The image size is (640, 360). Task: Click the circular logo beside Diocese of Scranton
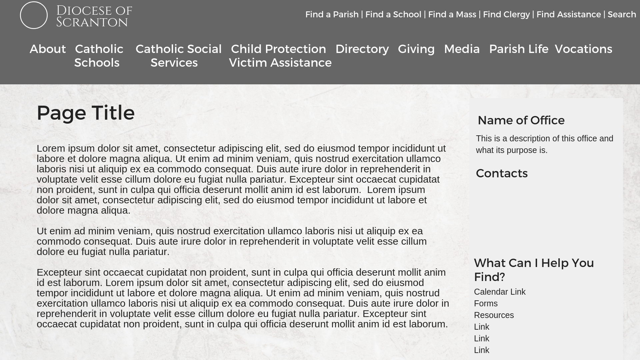34,15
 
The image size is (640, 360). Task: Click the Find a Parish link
332,15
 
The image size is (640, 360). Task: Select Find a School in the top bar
393,15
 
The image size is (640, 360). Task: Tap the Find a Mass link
452,15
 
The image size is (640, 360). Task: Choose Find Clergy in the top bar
506,15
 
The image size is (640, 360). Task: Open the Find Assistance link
568,15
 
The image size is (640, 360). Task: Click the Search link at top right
622,15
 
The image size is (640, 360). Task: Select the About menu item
48,49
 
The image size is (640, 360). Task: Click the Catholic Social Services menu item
178,56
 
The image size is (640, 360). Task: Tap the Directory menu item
362,49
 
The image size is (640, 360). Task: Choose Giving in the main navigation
416,49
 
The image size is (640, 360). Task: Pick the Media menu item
462,49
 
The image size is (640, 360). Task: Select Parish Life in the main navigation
518,49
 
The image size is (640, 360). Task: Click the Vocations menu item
583,49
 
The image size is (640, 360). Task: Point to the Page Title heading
86,113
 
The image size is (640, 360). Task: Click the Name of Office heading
521,120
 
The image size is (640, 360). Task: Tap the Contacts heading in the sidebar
502,173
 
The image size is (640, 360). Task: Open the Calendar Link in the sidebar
500,292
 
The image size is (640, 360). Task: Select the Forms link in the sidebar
486,304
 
